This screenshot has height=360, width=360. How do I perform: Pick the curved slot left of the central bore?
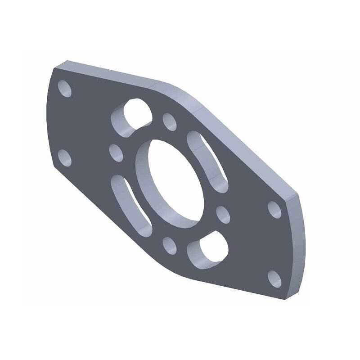[x=131, y=202]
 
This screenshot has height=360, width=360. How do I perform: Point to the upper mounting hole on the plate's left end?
[x=66, y=89]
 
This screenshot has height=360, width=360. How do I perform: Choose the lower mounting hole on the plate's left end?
[x=65, y=157]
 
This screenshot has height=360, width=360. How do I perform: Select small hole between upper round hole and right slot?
[x=170, y=121]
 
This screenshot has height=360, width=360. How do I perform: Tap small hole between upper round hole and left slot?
[x=116, y=152]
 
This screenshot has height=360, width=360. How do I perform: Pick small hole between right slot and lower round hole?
[x=223, y=214]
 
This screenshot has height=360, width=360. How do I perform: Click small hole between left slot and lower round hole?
[x=170, y=245]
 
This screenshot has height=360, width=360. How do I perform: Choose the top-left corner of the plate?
[x=54, y=68]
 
